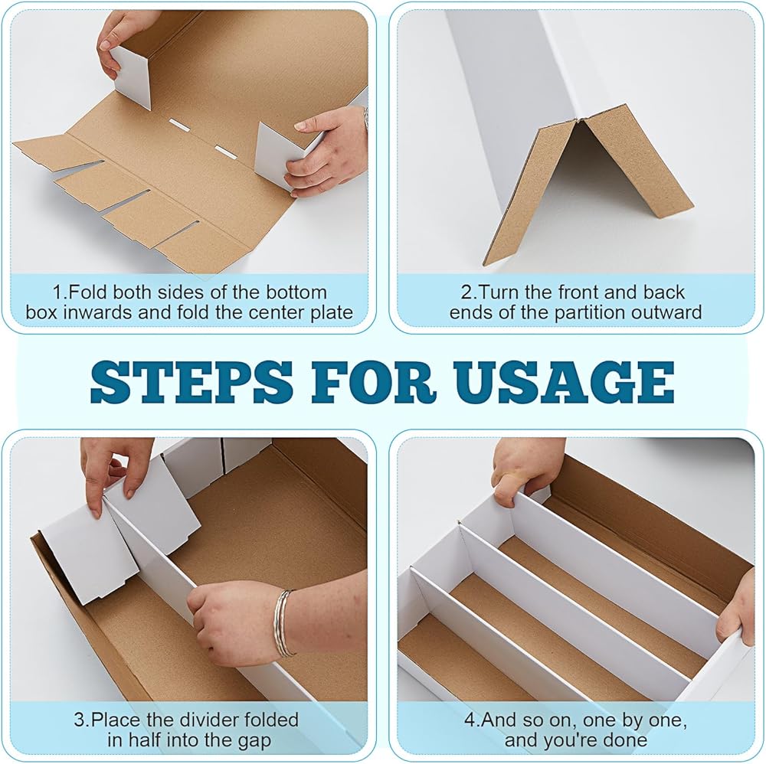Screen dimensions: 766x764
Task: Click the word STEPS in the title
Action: (191, 381)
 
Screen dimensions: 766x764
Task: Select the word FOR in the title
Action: (373, 381)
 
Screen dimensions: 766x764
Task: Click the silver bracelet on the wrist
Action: (283, 623)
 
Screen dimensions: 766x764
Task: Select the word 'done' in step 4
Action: (624, 740)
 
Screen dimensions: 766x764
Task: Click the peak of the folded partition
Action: (578, 119)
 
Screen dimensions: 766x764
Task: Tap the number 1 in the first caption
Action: (57, 292)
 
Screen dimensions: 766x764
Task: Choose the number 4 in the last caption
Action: (470, 720)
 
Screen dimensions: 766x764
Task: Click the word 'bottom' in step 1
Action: (296, 292)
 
